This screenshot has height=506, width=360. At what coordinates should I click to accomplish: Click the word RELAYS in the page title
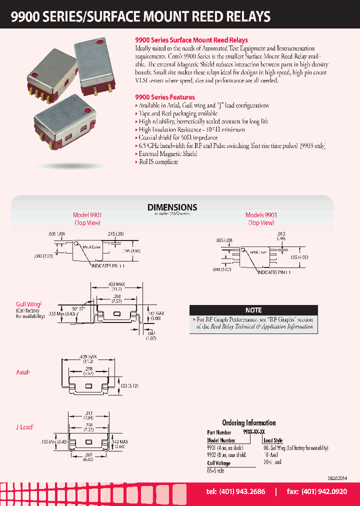[245, 16]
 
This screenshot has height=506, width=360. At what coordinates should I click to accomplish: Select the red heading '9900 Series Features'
[165, 97]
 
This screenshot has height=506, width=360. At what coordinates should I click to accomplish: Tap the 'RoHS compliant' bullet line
[158, 162]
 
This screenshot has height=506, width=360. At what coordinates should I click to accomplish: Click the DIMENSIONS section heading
[172, 207]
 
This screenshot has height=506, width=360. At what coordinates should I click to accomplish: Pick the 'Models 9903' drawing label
[261, 215]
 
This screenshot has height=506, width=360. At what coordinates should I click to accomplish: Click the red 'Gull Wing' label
[27, 303]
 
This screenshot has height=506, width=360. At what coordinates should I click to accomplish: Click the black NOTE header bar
[253, 310]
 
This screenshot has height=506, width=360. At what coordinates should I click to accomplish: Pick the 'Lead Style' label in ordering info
[272, 440]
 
